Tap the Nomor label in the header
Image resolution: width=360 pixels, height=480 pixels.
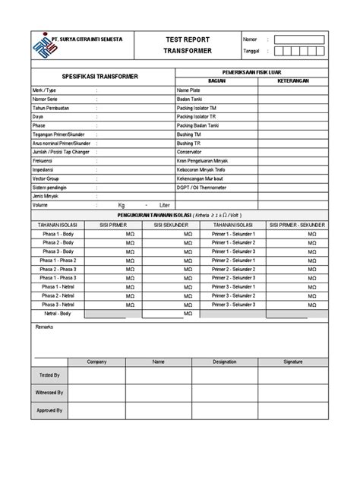pos(250,39)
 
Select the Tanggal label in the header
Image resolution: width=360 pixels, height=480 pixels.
pos(252,52)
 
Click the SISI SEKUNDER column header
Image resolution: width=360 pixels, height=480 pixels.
pos(169,225)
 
